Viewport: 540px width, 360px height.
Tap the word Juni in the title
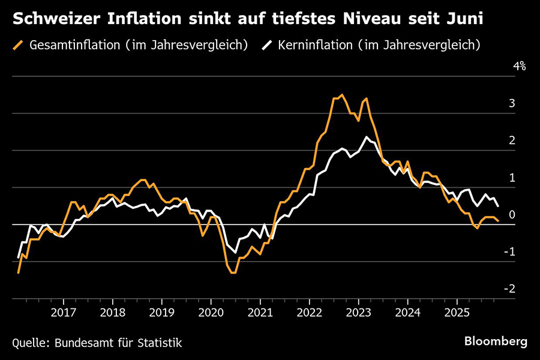[x=462, y=19]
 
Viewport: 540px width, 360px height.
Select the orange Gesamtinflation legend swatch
[x=18, y=45]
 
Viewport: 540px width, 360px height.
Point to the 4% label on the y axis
[x=519, y=67]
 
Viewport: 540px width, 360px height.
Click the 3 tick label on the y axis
[x=512, y=104]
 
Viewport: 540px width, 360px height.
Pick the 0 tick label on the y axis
[x=512, y=215]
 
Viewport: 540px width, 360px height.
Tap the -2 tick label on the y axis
[x=509, y=289]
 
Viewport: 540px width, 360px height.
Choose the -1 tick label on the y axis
[x=509, y=252]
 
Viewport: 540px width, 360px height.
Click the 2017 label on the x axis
[x=64, y=313]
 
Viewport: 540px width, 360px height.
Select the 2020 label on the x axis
[x=211, y=313]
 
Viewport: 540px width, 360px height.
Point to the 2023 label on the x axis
[x=358, y=313]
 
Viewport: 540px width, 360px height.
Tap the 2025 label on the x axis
[x=456, y=313]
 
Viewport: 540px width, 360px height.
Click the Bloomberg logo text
[x=496, y=341]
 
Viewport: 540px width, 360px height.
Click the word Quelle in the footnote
[x=30, y=343]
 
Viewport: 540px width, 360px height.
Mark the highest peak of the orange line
[x=342, y=95]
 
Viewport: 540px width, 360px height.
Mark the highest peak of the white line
[x=367, y=137]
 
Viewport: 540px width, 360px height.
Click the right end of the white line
[x=498, y=206]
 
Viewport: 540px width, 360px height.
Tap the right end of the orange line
[x=498, y=221]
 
